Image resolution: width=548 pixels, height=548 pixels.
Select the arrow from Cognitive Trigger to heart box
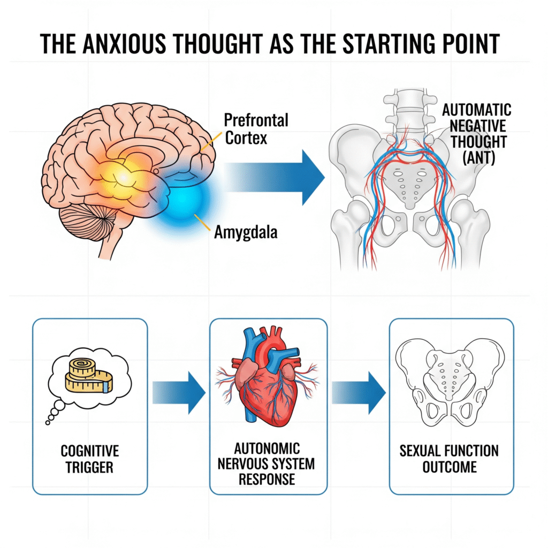click(x=179, y=395)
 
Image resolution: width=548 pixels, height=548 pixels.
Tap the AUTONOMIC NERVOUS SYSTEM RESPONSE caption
click(x=268, y=463)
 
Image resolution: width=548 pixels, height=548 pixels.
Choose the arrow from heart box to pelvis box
click(x=358, y=395)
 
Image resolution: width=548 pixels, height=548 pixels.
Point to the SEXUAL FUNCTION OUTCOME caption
click(x=450, y=459)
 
